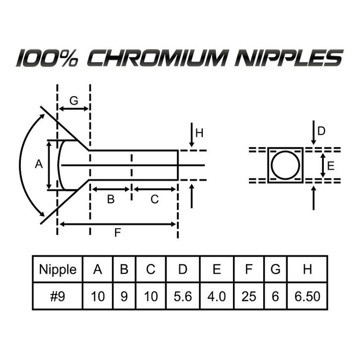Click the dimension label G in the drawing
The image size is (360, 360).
pyautogui.click(x=73, y=101)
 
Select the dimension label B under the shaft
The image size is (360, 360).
pyautogui.click(x=111, y=199)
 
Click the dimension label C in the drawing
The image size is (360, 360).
pyautogui.click(x=155, y=199)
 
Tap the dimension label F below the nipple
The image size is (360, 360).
pyautogui.click(x=118, y=233)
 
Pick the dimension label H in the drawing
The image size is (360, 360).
pyautogui.click(x=199, y=133)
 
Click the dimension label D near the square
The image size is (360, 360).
pyautogui.click(x=321, y=131)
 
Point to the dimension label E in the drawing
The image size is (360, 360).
pyautogui.click(x=331, y=166)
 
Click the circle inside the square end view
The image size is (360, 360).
pyautogui.click(x=285, y=165)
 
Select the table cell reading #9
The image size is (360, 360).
pyautogui.click(x=58, y=297)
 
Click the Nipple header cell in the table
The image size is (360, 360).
pyautogui.click(x=58, y=269)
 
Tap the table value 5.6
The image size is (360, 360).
pyautogui.click(x=183, y=297)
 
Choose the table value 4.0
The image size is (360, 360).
pyautogui.click(x=216, y=297)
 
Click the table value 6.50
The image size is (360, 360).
pyautogui.click(x=307, y=297)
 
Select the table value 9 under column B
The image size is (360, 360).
pyautogui.click(x=124, y=297)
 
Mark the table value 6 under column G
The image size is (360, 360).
pyautogui.click(x=276, y=297)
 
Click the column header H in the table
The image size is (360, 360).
pyautogui.click(x=307, y=269)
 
